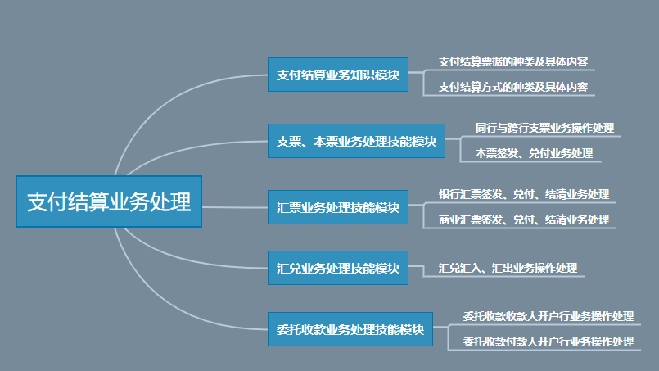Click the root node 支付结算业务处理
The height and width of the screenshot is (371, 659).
coord(108,201)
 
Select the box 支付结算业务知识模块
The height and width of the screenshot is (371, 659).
coord(337,75)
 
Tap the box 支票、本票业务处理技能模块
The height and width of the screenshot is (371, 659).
coord(356,141)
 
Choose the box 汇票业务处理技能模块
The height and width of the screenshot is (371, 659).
coord(337,207)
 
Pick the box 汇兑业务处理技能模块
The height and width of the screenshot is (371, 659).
coord(337,268)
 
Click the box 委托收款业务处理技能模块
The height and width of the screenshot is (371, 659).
coord(350,329)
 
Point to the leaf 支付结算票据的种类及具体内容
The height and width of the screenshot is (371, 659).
coord(512,61)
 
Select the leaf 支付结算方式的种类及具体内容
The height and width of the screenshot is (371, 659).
coord(512,86)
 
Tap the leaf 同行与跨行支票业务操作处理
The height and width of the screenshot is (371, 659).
coord(544,129)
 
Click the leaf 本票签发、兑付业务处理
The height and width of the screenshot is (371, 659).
coord(534,153)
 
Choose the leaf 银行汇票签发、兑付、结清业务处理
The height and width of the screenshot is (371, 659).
coord(524,194)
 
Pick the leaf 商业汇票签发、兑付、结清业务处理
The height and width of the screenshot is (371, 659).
coord(524,219)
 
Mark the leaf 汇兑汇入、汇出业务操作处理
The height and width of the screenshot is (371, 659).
coord(508,268)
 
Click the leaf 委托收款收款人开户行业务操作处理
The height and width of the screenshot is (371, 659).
coord(548,316)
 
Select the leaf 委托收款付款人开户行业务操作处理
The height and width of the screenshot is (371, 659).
coord(548,341)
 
